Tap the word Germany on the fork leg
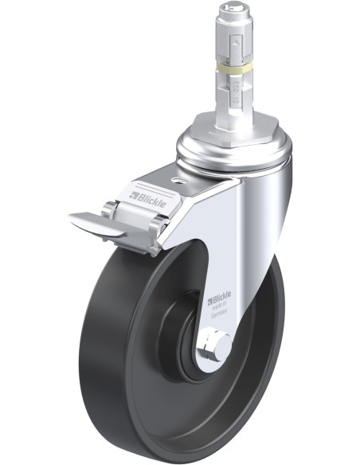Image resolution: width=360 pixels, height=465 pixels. [221, 313]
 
